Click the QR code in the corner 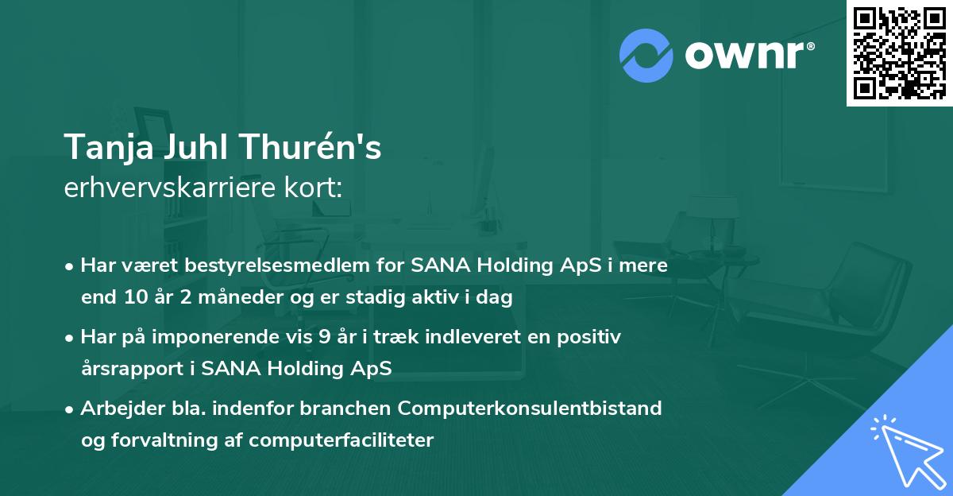click(x=899, y=52)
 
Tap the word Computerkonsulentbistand click(x=531, y=409)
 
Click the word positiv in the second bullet click(x=592, y=337)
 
